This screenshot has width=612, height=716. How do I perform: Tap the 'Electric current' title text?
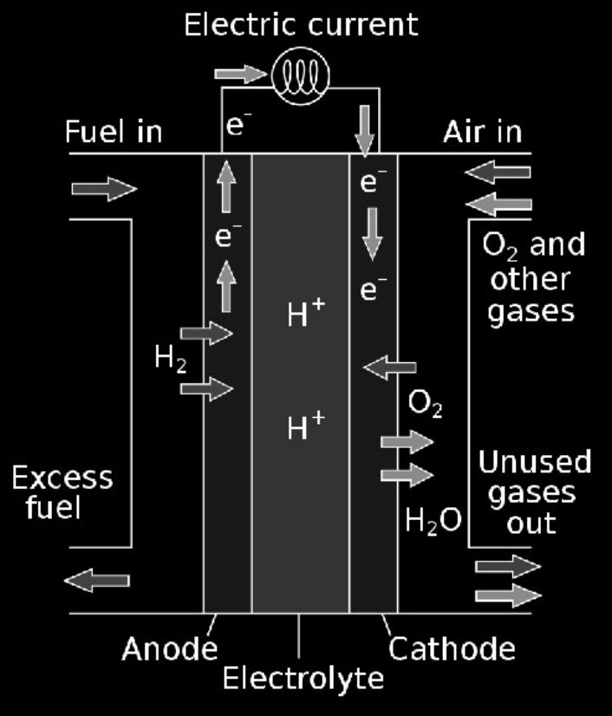(301, 24)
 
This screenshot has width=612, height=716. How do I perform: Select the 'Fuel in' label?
(114, 133)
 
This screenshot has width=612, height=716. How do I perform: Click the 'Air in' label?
(483, 133)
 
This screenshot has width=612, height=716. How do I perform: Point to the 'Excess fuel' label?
(62, 491)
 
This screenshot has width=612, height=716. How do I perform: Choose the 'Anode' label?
(170, 648)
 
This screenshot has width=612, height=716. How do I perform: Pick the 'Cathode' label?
(452, 648)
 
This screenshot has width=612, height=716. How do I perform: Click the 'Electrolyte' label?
(303, 678)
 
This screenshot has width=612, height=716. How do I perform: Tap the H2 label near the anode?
(170, 358)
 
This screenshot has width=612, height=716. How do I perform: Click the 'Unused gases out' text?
(534, 492)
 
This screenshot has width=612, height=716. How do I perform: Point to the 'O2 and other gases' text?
(532, 278)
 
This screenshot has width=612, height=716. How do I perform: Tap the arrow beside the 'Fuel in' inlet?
(104, 189)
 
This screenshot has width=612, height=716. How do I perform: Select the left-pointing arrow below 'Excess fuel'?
(97, 580)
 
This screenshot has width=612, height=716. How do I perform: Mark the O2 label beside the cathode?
(425, 405)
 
